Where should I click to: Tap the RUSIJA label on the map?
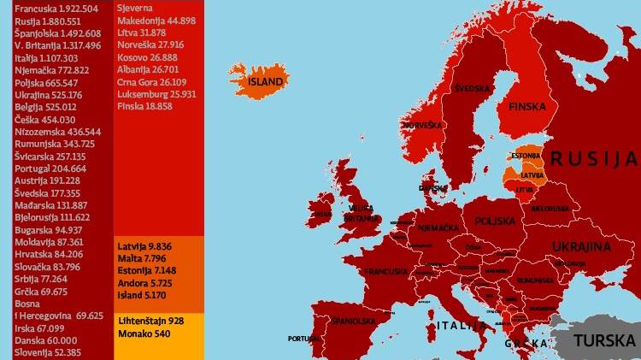[593, 159]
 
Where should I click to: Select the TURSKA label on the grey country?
[604, 340]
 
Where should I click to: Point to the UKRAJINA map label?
[581, 247]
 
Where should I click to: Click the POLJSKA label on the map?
[497, 221]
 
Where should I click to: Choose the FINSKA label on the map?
[526, 108]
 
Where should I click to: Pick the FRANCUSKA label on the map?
[385, 272]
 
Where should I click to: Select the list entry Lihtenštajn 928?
[150, 320]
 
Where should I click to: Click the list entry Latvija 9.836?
[144, 246]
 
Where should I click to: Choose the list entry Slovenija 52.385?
[48, 351]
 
